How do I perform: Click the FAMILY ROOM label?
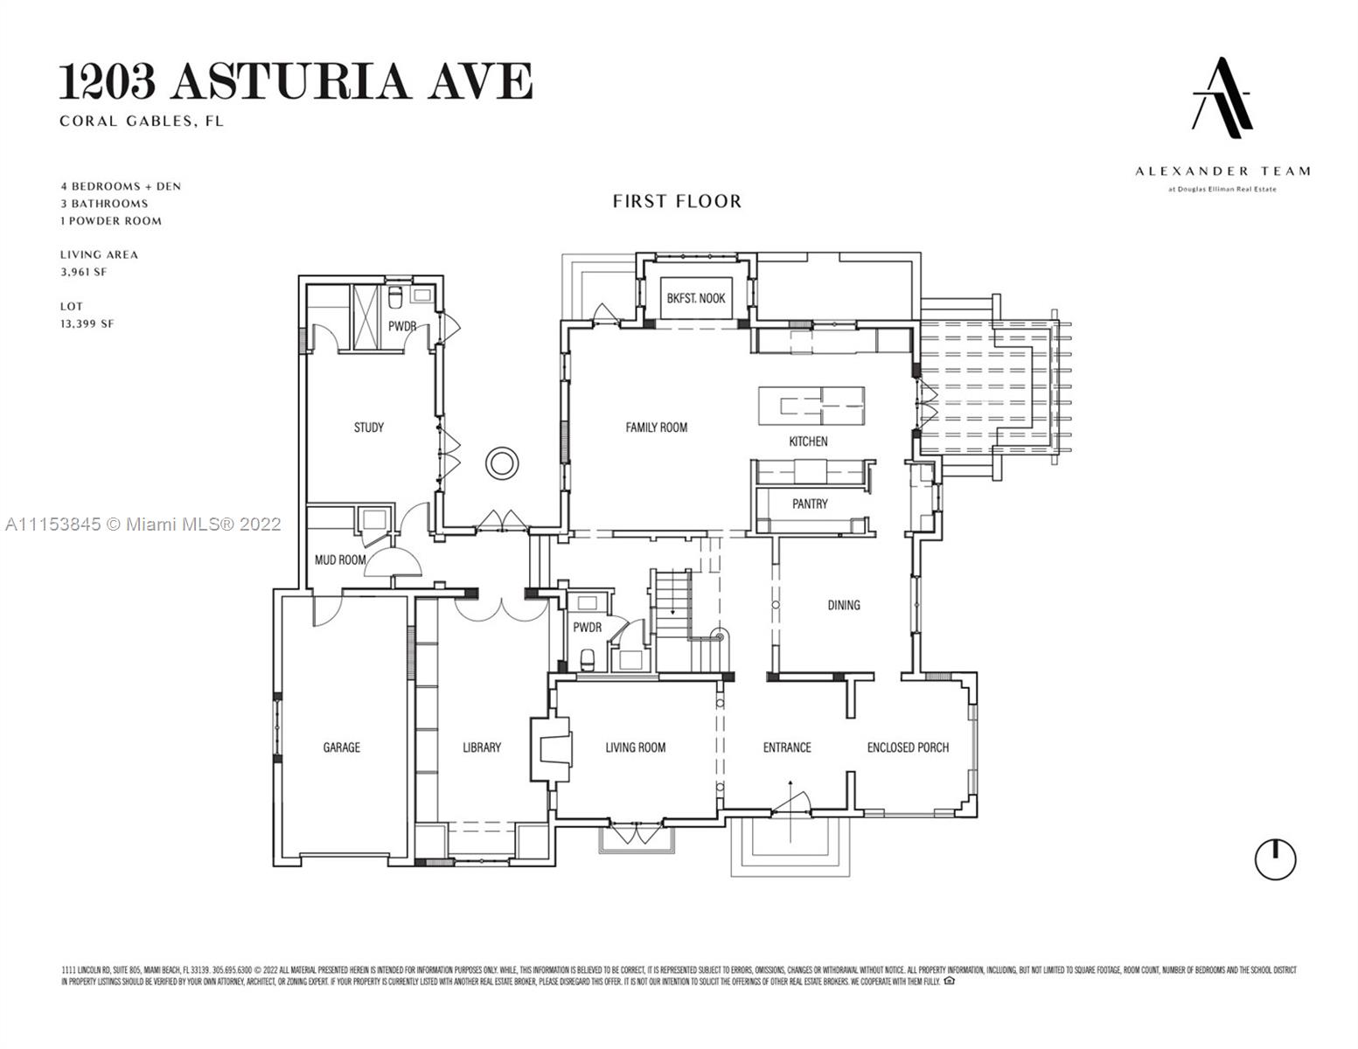[656, 427]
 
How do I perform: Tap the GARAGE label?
[341, 747]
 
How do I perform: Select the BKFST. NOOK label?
[696, 298]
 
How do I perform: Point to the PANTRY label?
[810, 504]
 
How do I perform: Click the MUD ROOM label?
[340, 559]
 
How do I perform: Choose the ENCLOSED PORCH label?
[908, 747]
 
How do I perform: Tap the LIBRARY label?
[482, 747]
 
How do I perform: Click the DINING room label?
[844, 605]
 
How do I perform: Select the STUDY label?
[368, 427]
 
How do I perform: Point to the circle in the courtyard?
[504, 462]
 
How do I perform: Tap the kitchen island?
[811, 406]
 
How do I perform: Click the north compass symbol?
[1275, 859]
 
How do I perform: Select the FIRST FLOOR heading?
[677, 202]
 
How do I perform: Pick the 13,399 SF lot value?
[87, 323]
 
